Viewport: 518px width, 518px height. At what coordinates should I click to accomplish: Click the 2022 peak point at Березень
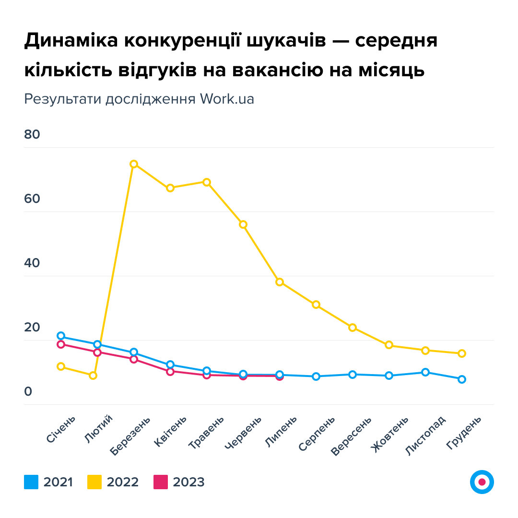point(134,164)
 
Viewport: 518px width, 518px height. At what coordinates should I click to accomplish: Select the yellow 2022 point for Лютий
point(93,376)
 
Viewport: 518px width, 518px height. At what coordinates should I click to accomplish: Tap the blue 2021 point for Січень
point(61,336)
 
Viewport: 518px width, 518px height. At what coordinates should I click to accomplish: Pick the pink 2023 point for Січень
point(61,344)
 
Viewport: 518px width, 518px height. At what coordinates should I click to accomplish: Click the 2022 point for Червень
point(243,224)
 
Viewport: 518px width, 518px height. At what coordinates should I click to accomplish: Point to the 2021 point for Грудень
point(462,379)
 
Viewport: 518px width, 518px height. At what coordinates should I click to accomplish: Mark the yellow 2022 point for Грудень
point(462,353)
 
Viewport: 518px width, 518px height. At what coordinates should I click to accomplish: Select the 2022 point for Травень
point(207,182)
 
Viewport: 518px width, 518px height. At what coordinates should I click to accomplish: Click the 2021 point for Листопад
point(425,372)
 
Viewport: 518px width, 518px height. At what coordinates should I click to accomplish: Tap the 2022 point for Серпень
point(316,305)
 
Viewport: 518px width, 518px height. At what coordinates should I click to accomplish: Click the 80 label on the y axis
point(32,135)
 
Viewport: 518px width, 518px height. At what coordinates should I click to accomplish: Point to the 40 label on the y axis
point(32,263)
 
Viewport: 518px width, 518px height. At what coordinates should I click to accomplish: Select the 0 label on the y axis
point(28,392)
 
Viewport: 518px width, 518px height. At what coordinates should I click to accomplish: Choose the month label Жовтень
point(390,434)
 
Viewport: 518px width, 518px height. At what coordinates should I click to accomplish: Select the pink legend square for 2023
point(161,482)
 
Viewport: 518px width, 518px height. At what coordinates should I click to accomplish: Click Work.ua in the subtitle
point(227,99)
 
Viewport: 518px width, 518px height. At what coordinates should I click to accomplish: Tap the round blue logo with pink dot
point(482,482)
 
